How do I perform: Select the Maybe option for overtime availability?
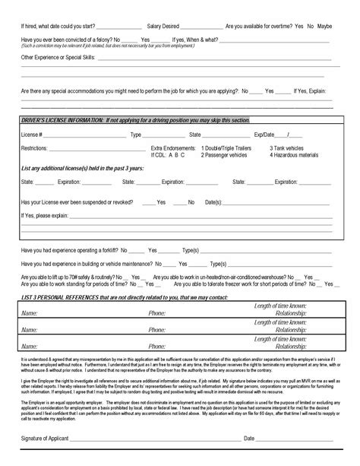[324, 26]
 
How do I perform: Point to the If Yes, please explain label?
[44, 215]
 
